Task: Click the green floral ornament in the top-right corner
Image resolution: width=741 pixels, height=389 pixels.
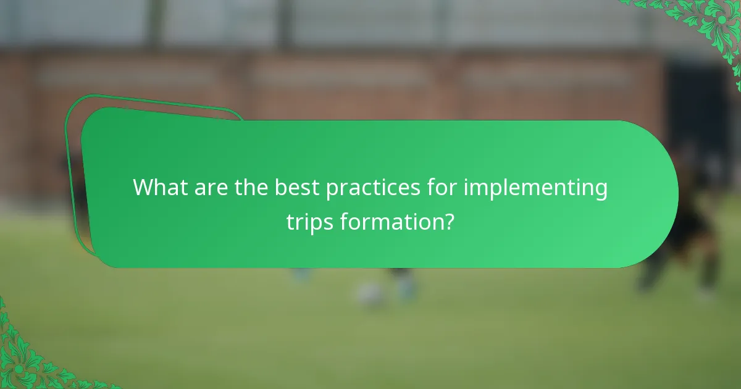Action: point(710,25)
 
